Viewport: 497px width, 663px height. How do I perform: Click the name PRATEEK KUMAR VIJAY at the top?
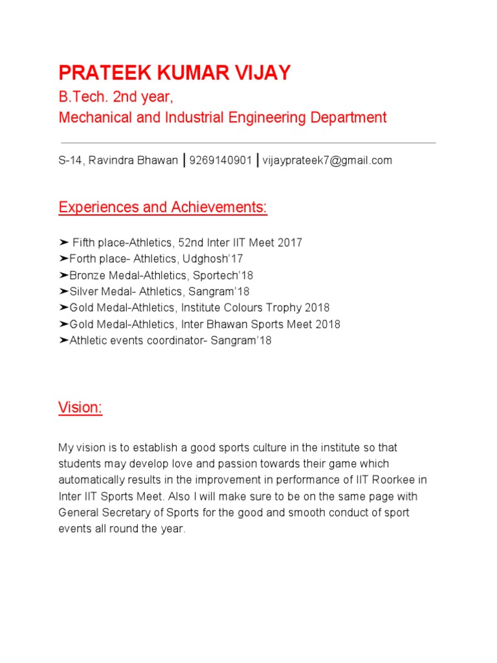(x=175, y=73)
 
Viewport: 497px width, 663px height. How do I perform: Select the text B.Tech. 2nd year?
(x=116, y=98)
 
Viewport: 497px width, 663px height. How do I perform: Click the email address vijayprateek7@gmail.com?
(x=327, y=161)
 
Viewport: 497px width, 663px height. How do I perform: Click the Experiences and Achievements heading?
(x=163, y=208)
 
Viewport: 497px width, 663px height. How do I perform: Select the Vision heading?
(x=80, y=408)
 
